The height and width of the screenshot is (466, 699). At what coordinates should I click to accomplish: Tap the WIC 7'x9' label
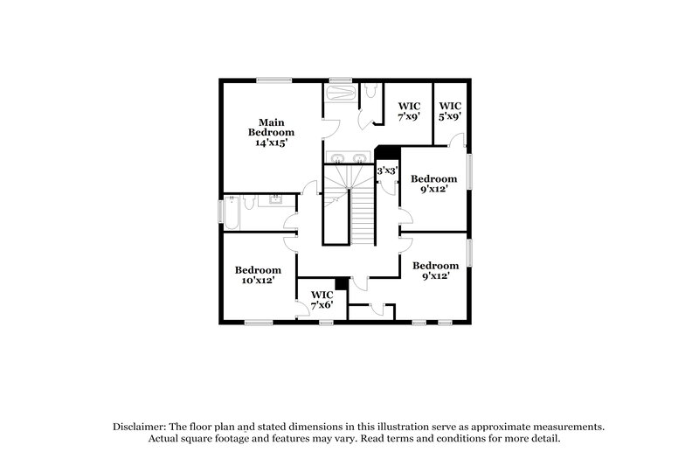pyautogui.click(x=409, y=111)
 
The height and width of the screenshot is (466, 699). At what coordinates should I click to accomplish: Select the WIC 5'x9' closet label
pyautogui.click(x=450, y=111)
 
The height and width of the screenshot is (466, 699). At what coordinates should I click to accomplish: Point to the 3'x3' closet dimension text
pyautogui.click(x=387, y=171)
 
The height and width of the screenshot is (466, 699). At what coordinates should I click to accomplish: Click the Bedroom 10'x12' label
pyautogui.click(x=258, y=275)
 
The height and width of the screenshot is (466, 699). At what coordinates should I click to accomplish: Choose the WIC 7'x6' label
pyautogui.click(x=321, y=300)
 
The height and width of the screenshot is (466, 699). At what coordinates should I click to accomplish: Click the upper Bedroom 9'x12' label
pyautogui.click(x=434, y=184)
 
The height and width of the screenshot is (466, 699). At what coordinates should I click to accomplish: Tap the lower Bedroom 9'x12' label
pyautogui.click(x=435, y=271)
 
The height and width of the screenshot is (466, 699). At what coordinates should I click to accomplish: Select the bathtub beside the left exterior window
pyautogui.click(x=233, y=212)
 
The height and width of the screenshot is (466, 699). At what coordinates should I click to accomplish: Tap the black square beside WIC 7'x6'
pyautogui.click(x=342, y=283)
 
